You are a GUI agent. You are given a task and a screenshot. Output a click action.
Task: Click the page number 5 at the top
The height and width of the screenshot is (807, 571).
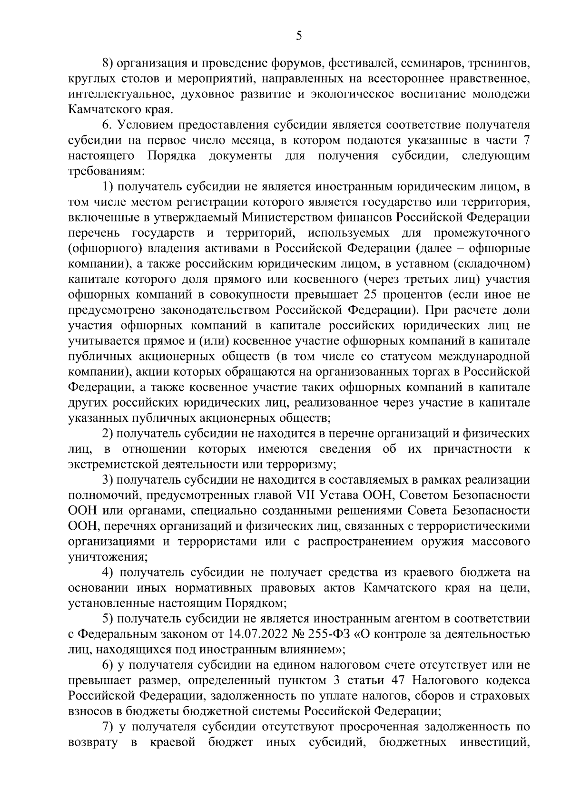click(x=299, y=36)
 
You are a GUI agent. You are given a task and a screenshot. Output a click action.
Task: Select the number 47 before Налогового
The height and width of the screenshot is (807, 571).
click(x=399, y=680)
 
